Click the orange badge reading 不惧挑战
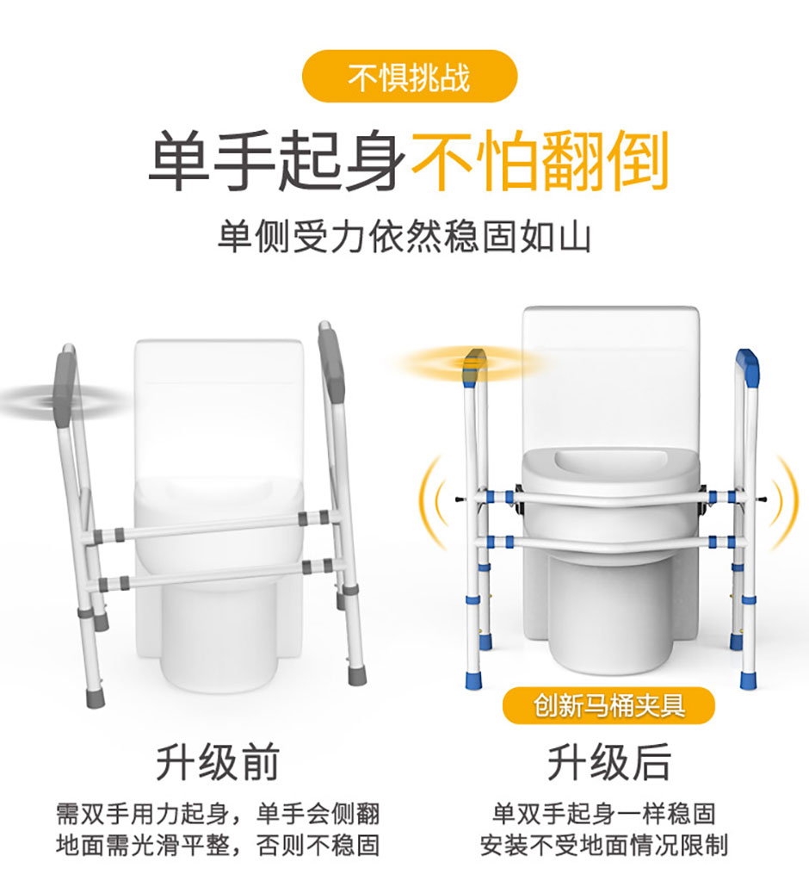(x=409, y=77)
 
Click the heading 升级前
(x=218, y=762)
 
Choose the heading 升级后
(x=608, y=762)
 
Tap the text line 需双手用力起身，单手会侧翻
(x=218, y=813)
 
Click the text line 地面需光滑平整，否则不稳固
(x=218, y=845)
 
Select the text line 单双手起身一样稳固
(x=604, y=813)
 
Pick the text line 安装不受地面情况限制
(x=604, y=845)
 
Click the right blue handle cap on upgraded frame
(x=747, y=366)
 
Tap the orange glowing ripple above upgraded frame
(x=472, y=363)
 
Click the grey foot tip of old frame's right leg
(x=357, y=674)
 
